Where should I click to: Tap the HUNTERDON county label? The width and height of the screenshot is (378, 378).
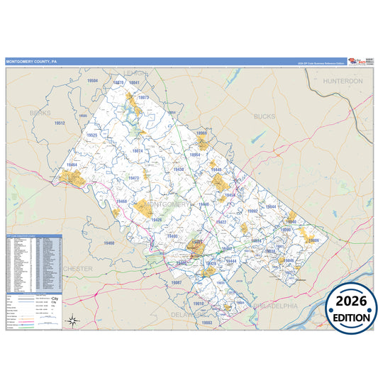click(x=343, y=82)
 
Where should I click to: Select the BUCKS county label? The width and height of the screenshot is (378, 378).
click(x=264, y=115)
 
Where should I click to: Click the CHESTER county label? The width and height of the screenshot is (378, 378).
click(x=78, y=269)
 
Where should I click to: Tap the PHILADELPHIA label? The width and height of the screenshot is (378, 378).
click(x=274, y=306)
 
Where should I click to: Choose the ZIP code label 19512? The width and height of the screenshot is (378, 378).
click(x=60, y=123)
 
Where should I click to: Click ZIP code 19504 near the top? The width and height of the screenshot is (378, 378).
click(x=93, y=81)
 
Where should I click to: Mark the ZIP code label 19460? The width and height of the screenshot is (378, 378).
click(x=108, y=243)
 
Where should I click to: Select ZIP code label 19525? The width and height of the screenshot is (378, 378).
click(x=91, y=135)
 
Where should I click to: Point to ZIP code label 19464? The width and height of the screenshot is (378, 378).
click(x=72, y=165)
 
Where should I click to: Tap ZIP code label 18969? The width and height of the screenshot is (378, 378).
click(x=202, y=133)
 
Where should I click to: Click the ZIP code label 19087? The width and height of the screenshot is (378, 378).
click(x=177, y=282)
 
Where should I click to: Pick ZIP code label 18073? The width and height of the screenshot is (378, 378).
click(x=143, y=96)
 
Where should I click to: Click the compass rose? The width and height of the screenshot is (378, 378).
click(x=72, y=321)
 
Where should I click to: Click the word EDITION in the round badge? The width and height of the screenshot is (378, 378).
click(x=352, y=318)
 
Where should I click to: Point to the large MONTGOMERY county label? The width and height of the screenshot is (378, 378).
click(x=167, y=204)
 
